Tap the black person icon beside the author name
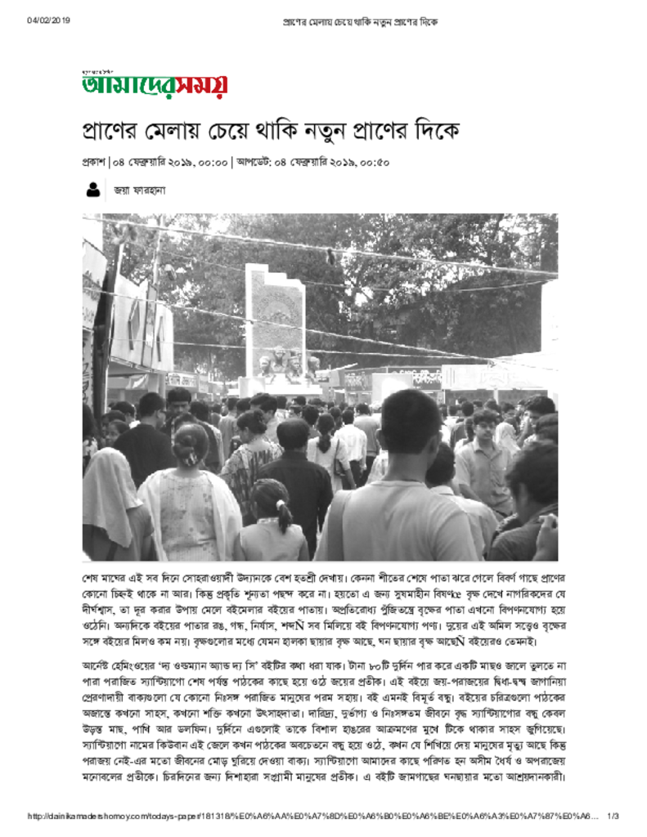93,190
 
